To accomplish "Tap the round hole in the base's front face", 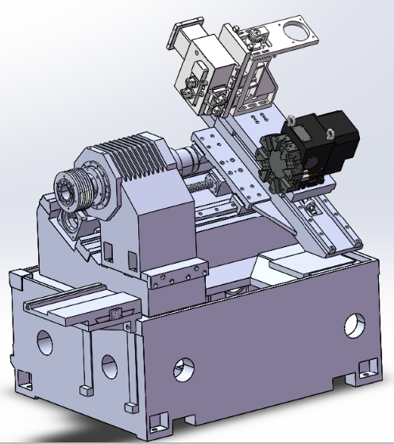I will coord(183,369).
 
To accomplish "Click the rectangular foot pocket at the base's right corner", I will coord(366,367).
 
